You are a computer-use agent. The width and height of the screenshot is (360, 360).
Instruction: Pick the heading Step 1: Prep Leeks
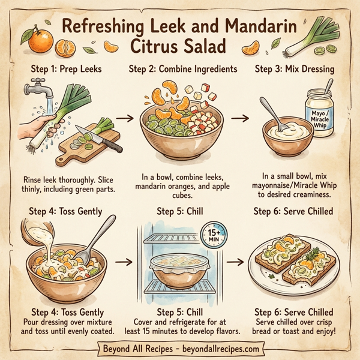(59, 68)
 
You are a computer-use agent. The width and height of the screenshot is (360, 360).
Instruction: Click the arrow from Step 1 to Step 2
(125, 118)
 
